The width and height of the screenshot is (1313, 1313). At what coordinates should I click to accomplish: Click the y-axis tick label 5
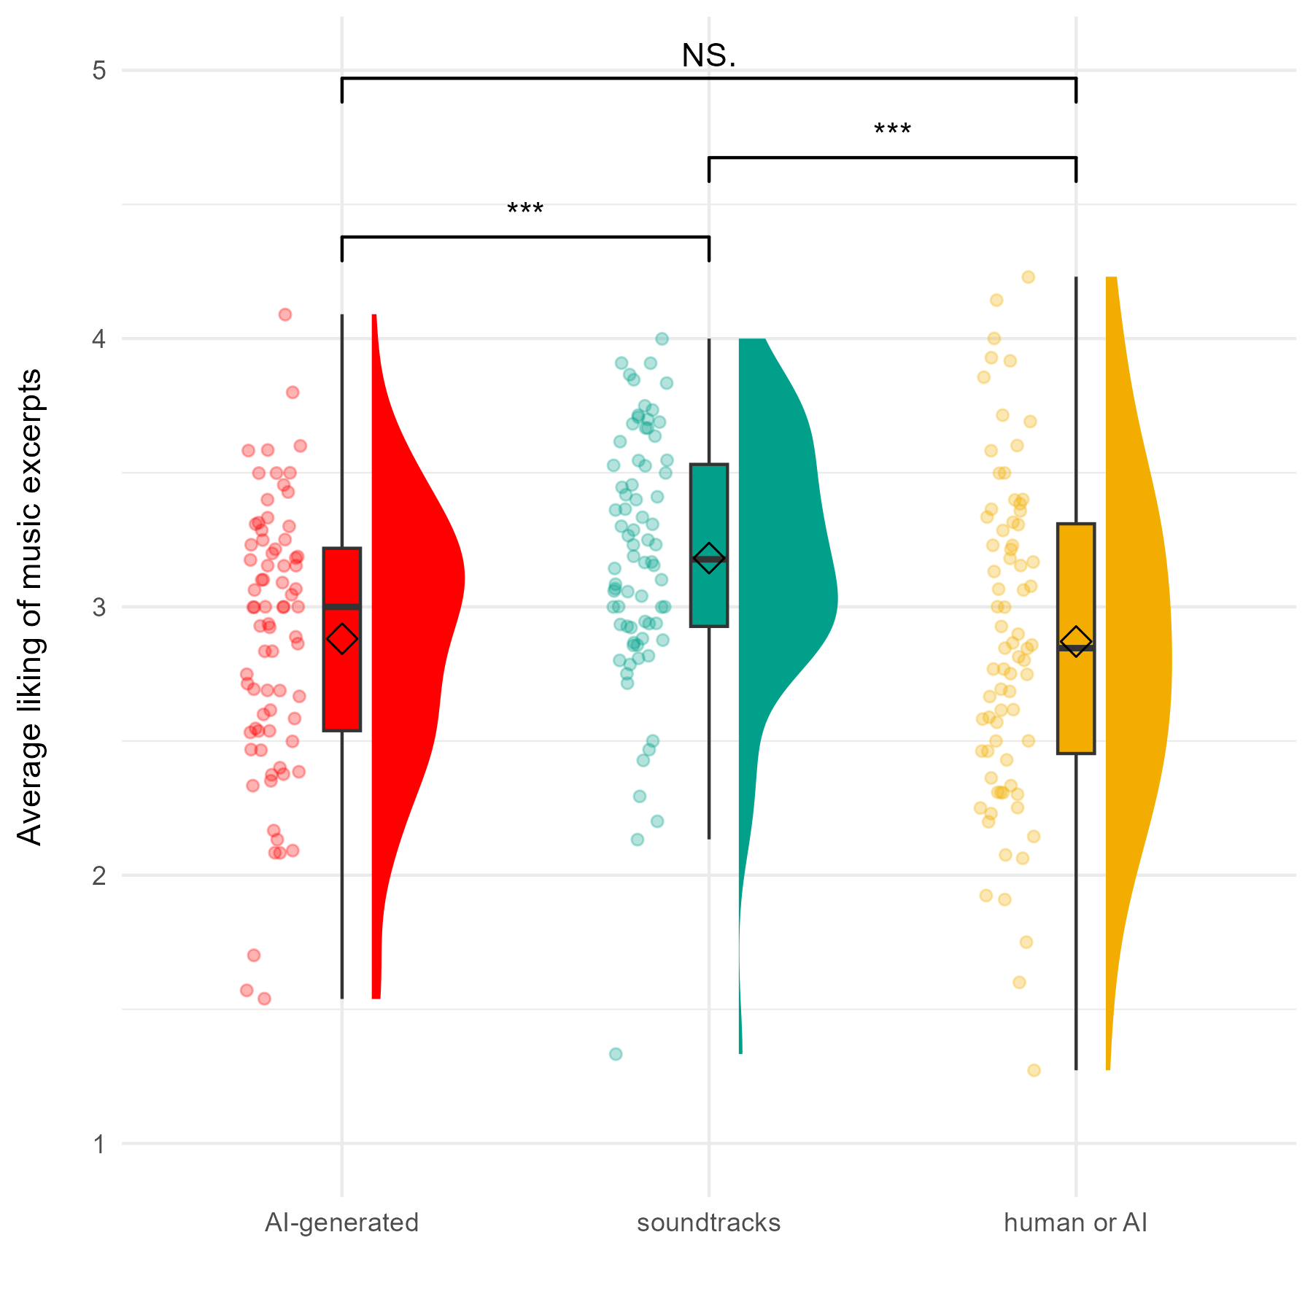[x=99, y=71]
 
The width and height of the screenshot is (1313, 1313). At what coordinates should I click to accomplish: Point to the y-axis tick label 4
[x=99, y=338]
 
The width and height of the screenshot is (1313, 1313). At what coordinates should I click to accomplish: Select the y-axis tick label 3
[x=99, y=607]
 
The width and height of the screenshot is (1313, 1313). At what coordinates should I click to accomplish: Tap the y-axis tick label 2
[x=99, y=875]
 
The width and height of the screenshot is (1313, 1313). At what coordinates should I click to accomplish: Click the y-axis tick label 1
[x=99, y=1144]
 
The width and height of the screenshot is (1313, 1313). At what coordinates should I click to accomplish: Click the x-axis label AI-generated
[x=341, y=1223]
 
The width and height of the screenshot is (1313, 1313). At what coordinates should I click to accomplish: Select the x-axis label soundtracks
[x=708, y=1223]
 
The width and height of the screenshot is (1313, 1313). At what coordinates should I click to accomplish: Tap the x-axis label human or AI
[x=1075, y=1223]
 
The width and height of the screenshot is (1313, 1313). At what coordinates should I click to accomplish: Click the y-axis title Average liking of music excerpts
[x=30, y=607]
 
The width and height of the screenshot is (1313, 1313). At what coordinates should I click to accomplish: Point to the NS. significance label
[x=708, y=55]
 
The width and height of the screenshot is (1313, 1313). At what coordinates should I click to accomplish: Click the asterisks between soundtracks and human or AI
[x=892, y=131]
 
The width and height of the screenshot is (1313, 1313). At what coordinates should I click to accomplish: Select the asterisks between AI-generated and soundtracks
[x=525, y=211]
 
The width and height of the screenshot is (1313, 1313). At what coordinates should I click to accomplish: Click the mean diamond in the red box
[x=342, y=639]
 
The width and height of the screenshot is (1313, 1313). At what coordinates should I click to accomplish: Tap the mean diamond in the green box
[x=709, y=559]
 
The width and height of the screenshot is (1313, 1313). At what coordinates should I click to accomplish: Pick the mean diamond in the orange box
[x=1076, y=641]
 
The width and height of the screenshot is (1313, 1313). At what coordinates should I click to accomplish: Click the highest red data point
[x=285, y=314]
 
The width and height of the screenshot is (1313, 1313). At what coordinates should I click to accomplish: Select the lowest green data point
[x=616, y=1053]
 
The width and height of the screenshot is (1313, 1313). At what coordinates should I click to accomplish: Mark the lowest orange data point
[x=1034, y=1070]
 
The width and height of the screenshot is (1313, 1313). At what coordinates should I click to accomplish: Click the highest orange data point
[x=1029, y=276]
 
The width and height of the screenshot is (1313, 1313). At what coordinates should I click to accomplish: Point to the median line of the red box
[x=342, y=607]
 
